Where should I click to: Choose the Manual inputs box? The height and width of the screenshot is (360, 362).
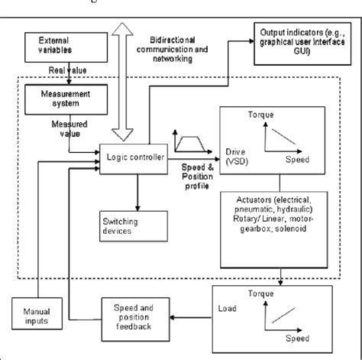pos(32,315)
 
